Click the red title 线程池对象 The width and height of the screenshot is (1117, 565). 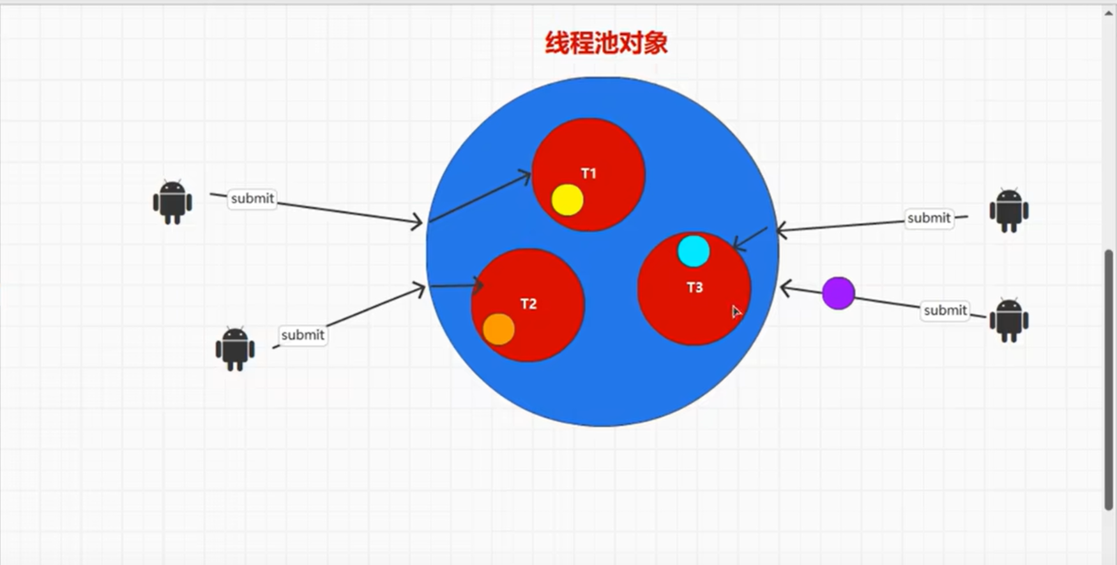[x=606, y=43]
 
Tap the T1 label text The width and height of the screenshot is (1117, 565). [x=588, y=174]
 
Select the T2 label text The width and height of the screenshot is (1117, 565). [x=528, y=304]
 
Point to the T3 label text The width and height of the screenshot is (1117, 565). [x=695, y=287]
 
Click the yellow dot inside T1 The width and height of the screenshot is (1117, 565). [x=567, y=200]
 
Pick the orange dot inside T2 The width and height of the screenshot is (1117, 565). [x=499, y=329]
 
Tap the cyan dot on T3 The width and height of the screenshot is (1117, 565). [x=694, y=251]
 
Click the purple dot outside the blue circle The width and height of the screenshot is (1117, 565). [x=839, y=293]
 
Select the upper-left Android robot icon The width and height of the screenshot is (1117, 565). [x=172, y=202]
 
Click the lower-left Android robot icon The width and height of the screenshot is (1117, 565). [x=235, y=348]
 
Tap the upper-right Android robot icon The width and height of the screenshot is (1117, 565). [x=1009, y=210]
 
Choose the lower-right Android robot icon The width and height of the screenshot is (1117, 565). [x=1009, y=320]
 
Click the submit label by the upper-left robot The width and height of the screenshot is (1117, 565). [x=252, y=199]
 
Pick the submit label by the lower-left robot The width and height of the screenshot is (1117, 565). [x=303, y=335]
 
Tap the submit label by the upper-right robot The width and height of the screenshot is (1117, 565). [x=929, y=218]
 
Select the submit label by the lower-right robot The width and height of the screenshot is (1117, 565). [x=945, y=310]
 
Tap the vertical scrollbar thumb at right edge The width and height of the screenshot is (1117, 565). [x=1109, y=380]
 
